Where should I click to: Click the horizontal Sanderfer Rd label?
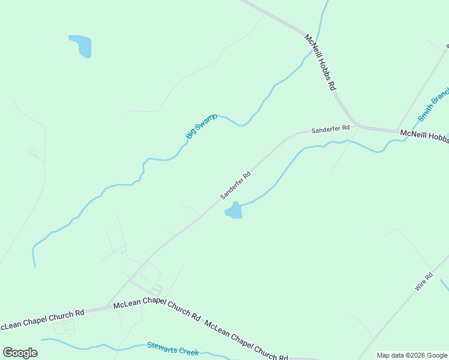330,129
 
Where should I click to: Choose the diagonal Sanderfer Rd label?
235,185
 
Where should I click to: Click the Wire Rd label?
424,282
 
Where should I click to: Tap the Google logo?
20,353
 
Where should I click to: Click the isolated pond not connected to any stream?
81,46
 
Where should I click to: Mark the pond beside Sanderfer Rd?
234,211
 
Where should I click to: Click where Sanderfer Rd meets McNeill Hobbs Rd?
358,126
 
